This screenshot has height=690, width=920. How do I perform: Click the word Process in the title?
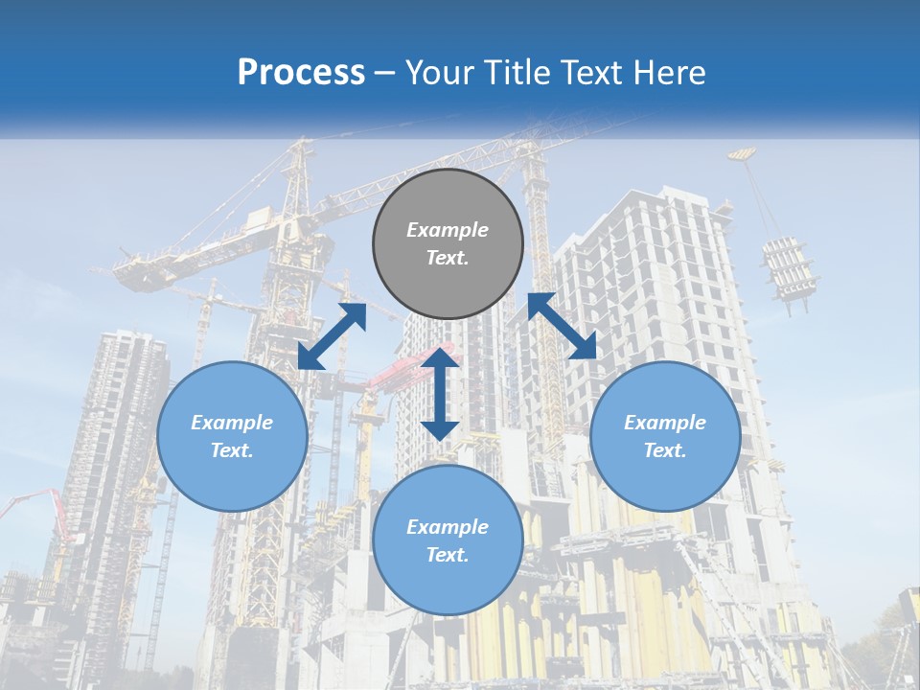click(301, 73)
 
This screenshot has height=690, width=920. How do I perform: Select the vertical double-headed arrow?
click(440, 394)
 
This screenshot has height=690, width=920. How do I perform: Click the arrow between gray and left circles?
click(332, 336)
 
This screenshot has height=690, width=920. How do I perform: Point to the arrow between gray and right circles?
click(563, 327)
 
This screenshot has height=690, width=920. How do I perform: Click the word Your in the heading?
click(442, 73)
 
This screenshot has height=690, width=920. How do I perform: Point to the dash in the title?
click(385, 74)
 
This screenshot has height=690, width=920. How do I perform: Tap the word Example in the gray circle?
click(448, 230)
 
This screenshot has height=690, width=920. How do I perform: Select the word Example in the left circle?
click(232, 423)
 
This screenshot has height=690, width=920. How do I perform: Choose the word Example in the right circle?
click(665, 423)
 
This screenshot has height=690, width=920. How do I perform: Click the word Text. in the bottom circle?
click(448, 555)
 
